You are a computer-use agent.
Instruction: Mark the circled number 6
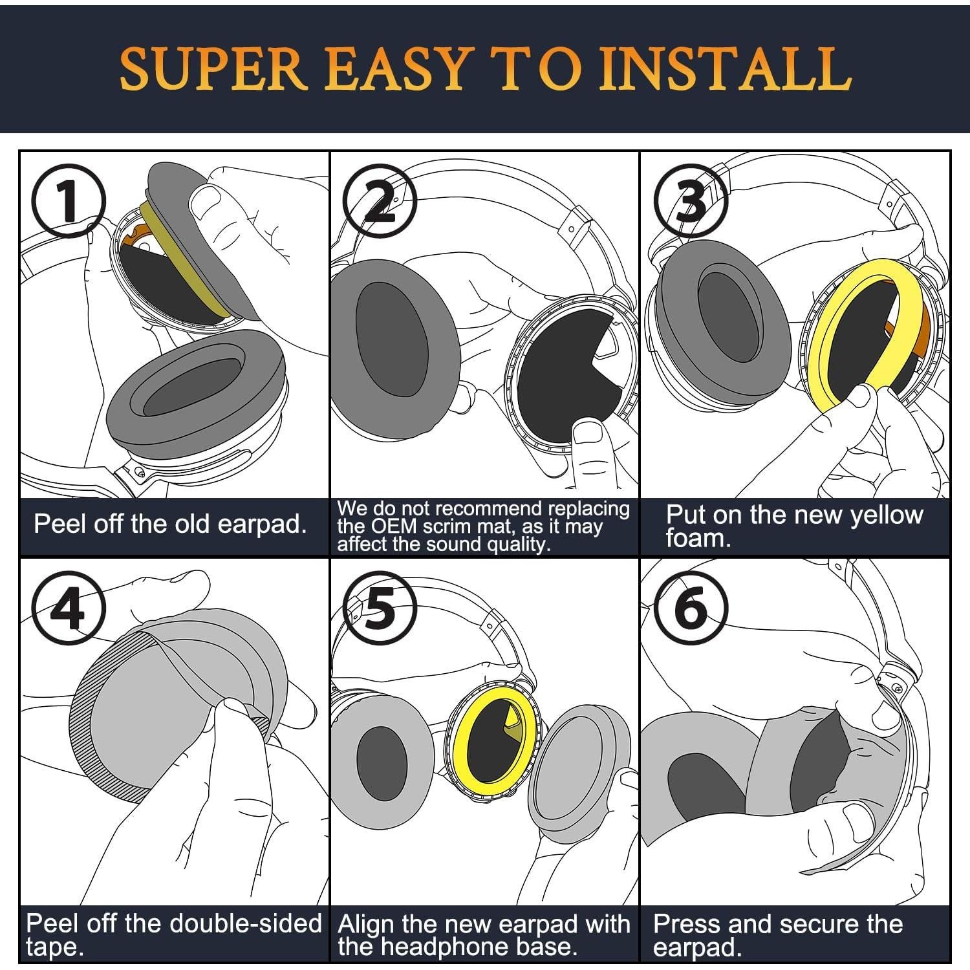click(x=691, y=607)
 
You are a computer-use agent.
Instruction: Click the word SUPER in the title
click(x=213, y=68)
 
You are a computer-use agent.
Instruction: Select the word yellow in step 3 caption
click(x=886, y=515)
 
